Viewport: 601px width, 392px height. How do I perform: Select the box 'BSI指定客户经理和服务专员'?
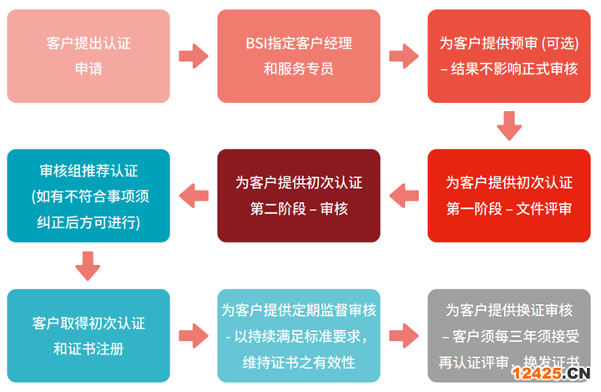[299, 56]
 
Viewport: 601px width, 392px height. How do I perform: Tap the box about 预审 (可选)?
[508, 56]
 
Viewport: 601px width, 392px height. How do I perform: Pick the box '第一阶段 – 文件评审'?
[508, 196]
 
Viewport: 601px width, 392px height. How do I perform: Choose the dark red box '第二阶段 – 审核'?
[299, 196]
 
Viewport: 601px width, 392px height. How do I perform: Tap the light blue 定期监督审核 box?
[299, 335]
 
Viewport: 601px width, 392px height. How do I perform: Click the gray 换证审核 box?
[508, 335]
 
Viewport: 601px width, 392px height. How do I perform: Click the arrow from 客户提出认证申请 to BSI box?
[194, 56]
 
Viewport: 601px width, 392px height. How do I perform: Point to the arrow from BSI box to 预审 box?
[404, 56]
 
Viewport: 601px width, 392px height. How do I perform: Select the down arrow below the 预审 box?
[508, 126]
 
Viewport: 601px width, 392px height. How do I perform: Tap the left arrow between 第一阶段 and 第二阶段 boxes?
[404, 196]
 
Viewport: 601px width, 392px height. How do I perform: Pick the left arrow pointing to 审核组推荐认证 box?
[194, 196]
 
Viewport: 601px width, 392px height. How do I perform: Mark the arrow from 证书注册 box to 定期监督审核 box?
[194, 335]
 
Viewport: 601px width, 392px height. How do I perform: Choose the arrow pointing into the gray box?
[404, 335]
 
